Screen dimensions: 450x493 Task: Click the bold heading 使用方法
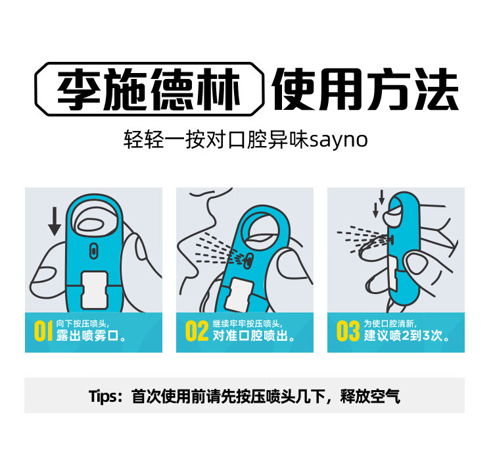365,90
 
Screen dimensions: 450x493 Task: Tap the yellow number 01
43,332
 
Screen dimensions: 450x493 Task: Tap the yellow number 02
196,332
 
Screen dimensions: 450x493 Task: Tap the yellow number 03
348,332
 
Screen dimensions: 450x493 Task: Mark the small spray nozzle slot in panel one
94,249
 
